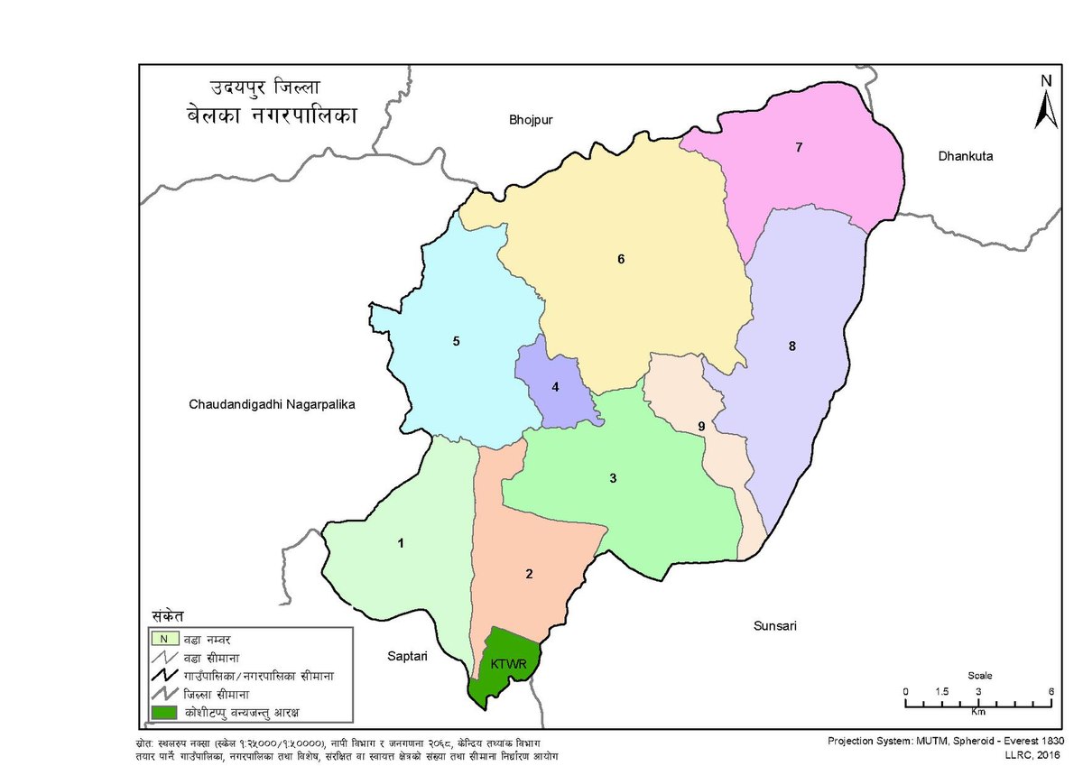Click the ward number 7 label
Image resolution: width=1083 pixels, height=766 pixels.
(x=799, y=147)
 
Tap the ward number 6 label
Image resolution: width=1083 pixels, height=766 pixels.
(x=621, y=260)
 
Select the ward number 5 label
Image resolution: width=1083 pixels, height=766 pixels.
(x=456, y=341)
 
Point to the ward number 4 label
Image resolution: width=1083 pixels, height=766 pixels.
(x=556, y=387)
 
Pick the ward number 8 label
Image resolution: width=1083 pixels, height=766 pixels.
(x=792, y=346)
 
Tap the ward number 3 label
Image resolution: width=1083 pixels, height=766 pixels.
(x=613, y=478)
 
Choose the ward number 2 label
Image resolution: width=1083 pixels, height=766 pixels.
(x=530, y=574)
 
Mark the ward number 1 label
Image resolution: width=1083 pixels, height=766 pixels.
(x=400, y=543)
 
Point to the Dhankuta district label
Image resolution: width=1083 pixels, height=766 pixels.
(x=965, y=156)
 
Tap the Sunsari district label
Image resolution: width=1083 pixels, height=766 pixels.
(x=775, y=625)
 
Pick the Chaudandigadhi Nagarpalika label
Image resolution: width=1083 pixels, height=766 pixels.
(x=273, y=405)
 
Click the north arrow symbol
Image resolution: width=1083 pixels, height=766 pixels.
(x=1045, y=104)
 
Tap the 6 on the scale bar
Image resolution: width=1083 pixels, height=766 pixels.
(x=1051, y=691)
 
